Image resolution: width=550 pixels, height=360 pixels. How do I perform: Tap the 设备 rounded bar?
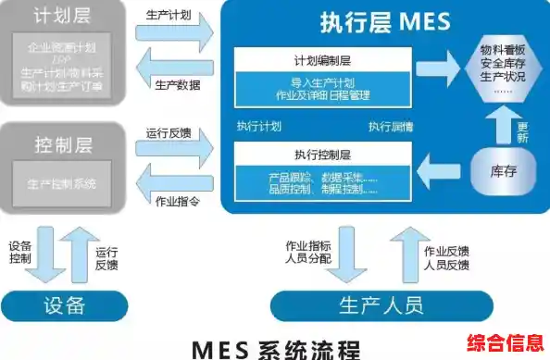pos(63,304)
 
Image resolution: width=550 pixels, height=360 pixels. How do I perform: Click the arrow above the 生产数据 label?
pos(174,68)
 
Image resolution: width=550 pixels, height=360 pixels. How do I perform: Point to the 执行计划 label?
pos(257,127)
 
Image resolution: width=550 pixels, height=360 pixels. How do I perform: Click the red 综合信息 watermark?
pos(506,341)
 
